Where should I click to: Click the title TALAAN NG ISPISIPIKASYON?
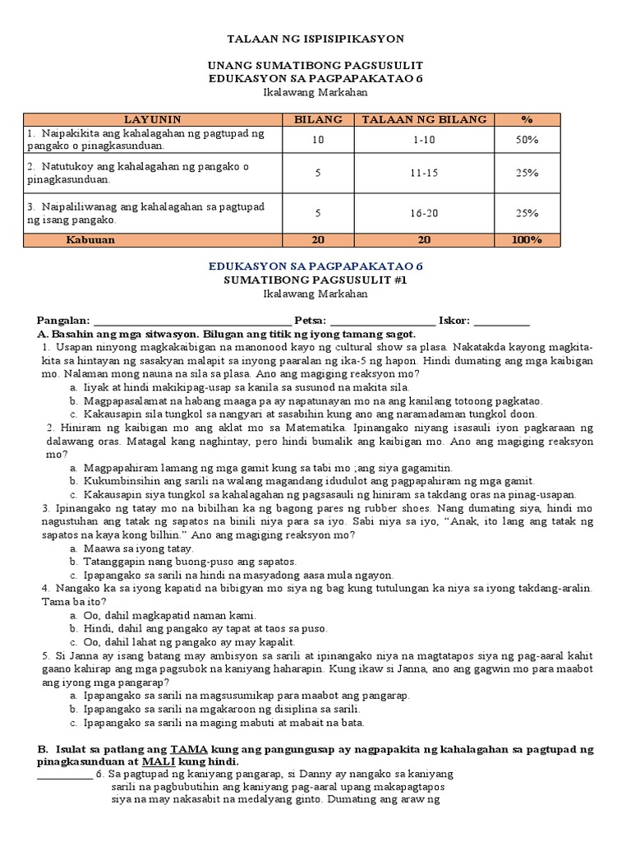[315, 39]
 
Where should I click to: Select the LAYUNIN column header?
[152, 119]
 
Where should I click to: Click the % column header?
[527, 119]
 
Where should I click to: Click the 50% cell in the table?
[527, 140]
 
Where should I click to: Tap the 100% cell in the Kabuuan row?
[527, 240]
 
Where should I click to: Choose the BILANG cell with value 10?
[318, 140]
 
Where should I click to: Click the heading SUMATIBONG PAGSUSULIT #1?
[315, 280]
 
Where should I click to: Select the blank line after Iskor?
[502, 322]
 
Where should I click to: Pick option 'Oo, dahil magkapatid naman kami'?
[164, 615]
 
